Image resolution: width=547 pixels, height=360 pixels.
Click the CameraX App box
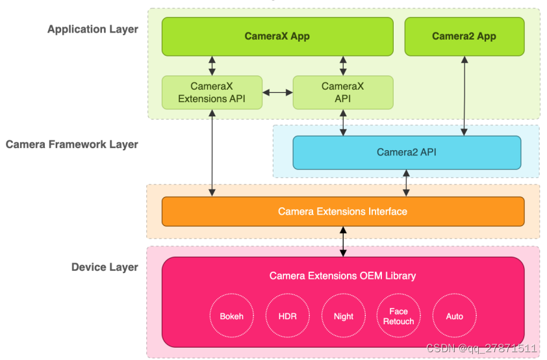click(x=277, y=36)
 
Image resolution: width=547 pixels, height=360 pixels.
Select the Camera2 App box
click(x=464, y=36)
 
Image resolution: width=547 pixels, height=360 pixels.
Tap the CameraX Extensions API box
click(x=212, y=92)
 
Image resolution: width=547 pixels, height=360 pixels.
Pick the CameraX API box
click(x=342, y=92)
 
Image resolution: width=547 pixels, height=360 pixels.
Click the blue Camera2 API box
click(x=407, y=153)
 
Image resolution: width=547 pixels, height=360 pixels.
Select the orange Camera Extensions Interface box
click(x=342, y=211)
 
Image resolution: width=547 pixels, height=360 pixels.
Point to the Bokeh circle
click(x=232, y=316)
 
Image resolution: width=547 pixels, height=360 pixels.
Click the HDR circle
click(x=288, y=316)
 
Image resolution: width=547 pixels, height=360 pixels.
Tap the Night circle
click(x=343, y=316)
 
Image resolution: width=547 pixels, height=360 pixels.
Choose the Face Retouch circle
click(x=398, y=316)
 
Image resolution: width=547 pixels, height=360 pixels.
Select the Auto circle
click(x=455, y=316)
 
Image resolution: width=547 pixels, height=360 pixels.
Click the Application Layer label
click(x=93, y=29)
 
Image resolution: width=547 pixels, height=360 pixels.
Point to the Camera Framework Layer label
click(x=72, y=144)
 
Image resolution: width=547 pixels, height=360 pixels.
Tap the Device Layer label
click(x=105, y=267)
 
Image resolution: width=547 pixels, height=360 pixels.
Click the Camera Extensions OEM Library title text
click(x=342, y=276)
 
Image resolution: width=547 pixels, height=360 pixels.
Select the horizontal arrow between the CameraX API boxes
click(x=277, y=92)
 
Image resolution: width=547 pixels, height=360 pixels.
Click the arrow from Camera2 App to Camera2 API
click(x=465, y=96)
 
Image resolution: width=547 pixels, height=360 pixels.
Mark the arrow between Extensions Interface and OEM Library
click(x=343, y=242)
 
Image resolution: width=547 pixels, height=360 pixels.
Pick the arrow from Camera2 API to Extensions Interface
click(x=407, y=183)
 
